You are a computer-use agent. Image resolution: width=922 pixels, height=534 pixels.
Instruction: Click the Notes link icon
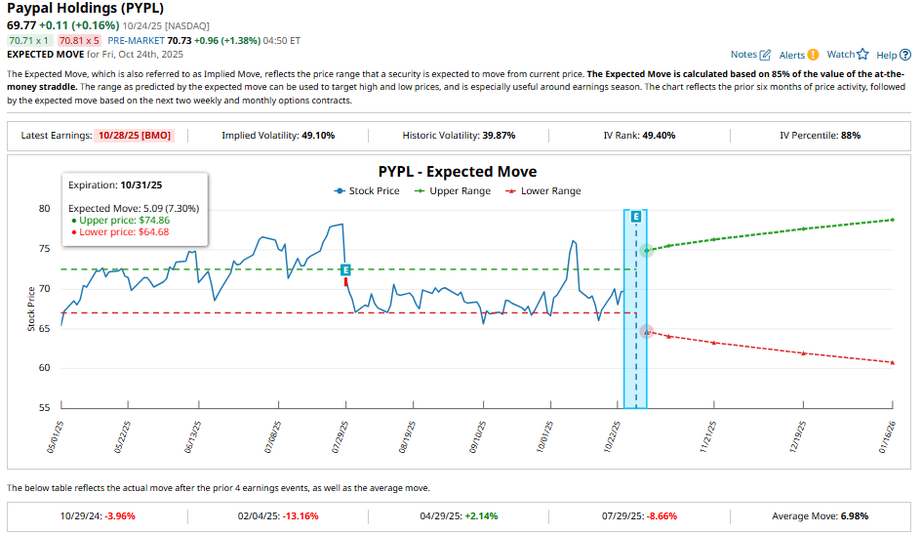pyautogui.click(x=765, y=56)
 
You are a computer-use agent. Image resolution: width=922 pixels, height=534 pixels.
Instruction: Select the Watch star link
pyautogui.click(x=862, y=55)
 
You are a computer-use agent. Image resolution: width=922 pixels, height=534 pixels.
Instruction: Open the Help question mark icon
pyautogui.click(x=904, y=56)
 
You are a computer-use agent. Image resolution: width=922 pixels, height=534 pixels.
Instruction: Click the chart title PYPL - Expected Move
pyautogui.click(x=458, y=172)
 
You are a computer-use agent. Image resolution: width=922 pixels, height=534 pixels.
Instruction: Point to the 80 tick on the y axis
pyautogui.click(x=44, y=208)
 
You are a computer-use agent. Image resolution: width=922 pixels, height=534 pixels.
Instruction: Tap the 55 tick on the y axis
pyautogui.click(x=44, y=407)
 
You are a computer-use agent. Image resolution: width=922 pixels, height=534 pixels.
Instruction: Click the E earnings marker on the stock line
pyautogui.click(x=344, y=268)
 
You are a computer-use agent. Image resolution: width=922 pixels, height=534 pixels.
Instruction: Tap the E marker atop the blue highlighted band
pyautogui.click(x=636, y=215)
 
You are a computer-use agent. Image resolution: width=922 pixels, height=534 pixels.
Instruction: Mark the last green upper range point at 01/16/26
pyautogui.click(x=893, y=220)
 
